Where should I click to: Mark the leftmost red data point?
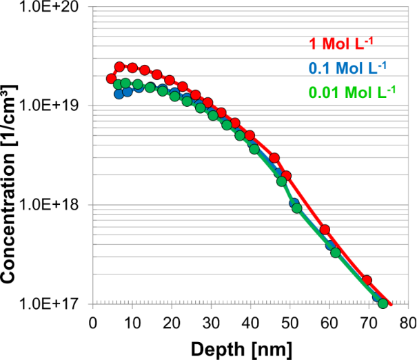click(111, 79)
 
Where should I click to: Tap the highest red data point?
click(119, 67)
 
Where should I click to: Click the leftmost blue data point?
click(119, 94)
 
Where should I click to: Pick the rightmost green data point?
click(383, 303)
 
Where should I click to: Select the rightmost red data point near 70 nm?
click(367, 281)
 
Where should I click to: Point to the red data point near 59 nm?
click(325, 230)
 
